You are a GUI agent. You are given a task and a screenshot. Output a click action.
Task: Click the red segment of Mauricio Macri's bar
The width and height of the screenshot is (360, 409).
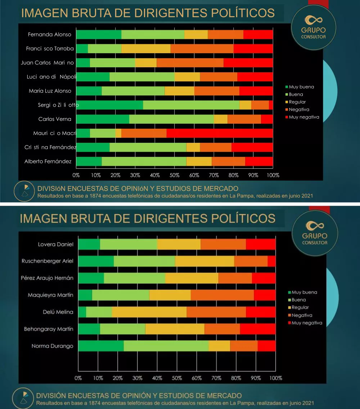(220, 133)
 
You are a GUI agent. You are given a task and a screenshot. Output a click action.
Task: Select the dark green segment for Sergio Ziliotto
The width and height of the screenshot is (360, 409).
(109, 105)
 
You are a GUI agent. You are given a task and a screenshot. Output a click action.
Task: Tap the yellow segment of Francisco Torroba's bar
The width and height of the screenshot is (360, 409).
(146, 49)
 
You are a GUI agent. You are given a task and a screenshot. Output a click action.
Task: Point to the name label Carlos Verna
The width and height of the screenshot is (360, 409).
(55, 119)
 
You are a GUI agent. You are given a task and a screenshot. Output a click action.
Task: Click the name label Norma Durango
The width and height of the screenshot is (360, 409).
(53, 346)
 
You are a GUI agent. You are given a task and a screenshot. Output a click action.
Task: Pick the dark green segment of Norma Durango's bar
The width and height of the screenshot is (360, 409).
(101, 346)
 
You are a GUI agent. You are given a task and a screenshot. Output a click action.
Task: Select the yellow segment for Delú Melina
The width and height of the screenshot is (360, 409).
(149, 312)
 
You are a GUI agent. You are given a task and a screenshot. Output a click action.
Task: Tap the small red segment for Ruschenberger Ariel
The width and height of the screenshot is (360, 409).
(271, 261)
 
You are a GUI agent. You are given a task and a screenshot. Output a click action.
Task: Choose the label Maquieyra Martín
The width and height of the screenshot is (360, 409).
(50, 295)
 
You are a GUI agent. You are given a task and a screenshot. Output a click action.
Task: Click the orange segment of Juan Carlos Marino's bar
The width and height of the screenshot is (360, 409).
(190, 63)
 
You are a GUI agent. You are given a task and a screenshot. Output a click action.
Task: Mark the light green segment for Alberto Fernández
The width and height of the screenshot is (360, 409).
(144, 162)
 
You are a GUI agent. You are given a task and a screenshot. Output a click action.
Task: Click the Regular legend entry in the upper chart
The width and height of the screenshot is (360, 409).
(297, 102)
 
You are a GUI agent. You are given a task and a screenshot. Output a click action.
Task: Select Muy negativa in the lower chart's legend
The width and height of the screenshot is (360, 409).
(307, 323)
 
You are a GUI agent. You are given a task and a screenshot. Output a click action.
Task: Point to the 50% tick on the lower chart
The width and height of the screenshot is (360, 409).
(177, 378)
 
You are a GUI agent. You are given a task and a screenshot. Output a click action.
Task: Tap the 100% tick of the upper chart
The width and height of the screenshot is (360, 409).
(273, 175)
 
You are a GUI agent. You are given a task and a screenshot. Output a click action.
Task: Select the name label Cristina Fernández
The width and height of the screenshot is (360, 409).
(50, 147)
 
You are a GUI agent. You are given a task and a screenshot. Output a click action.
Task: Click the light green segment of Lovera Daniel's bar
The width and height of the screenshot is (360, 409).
(129, 244)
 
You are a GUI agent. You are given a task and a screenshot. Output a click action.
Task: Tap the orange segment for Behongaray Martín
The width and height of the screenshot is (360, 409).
(222, 329)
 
